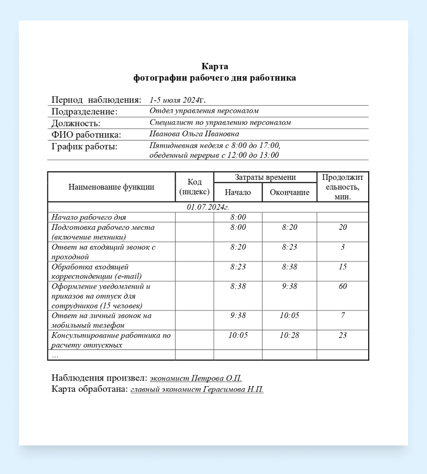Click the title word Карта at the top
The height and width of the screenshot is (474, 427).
[x=215, y=66]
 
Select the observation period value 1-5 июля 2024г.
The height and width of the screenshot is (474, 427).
[x=177, y=100]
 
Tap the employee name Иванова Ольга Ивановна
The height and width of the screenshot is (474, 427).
[x=194, y=134]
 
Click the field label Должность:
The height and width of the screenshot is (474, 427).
[x=76, y=123]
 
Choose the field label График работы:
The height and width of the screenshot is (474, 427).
[x=84, y=147]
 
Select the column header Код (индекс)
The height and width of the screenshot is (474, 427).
[x=195, y=187]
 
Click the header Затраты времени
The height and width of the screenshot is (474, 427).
[x=265, y=177]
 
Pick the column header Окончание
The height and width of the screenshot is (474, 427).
[x=290, y=193]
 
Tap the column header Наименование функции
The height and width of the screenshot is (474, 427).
[x=111, y=187]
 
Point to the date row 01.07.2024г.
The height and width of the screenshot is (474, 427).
[x=208, y=207]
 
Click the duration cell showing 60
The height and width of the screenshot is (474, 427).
[x=343, y=287]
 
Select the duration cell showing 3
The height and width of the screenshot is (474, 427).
[x=343, y=247]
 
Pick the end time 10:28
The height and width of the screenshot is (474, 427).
[x=290, y=335]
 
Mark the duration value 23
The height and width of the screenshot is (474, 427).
[x=343, y=335]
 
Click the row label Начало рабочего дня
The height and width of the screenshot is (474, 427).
[x=89, y=217]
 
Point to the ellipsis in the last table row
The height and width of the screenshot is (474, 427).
[x=55, y=354]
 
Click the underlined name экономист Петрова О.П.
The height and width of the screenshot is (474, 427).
[x=196, y=378]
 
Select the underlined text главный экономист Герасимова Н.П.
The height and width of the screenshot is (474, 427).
[x=197, y=390]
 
